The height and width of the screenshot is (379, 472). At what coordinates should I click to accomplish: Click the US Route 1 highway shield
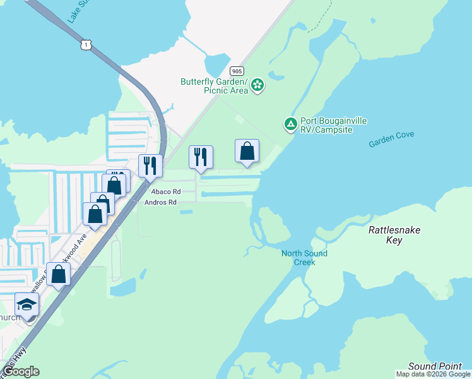(86, 44)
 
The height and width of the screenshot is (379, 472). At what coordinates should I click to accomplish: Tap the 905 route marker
(237, 71)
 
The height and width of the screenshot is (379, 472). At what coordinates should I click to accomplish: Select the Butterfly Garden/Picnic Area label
(214, 86)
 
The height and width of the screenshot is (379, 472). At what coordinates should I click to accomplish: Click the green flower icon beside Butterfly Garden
(257, 85)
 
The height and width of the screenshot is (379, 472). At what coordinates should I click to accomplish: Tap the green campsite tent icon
(290, 124)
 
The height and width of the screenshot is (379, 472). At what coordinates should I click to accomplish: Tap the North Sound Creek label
(304, 258)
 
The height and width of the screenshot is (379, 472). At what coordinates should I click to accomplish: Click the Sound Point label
(435, 366)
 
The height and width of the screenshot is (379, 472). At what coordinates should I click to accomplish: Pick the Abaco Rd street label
(165, 191)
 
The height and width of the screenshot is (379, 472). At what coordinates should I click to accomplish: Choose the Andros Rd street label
(160, 202)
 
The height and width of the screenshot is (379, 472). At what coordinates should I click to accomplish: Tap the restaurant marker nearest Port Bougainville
(201, 157)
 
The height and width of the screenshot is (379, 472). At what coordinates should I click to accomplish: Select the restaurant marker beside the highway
(150, 166)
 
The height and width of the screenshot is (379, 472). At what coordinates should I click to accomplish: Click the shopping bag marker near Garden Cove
(247, 152)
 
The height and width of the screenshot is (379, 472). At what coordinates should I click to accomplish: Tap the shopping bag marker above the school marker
(59, 275)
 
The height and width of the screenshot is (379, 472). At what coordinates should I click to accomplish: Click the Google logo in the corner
(21, 371)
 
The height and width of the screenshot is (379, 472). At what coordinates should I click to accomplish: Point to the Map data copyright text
(433, 375)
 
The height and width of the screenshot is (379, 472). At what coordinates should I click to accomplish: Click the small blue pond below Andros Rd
(186, 212)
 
